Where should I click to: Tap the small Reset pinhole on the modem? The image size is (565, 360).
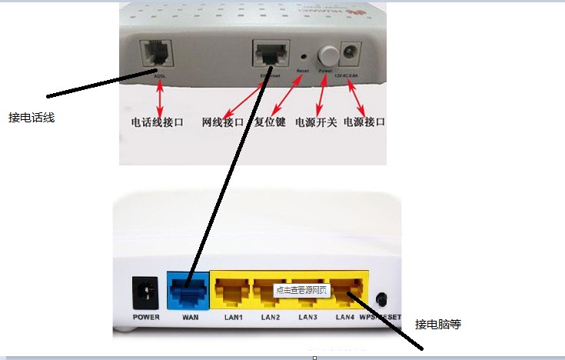click(x=304, y=57)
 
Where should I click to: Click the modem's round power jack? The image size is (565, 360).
click(x=352, y=54)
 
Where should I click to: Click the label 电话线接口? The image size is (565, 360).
click(x=160, y=122)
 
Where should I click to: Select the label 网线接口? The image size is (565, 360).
click(x=223, y=122)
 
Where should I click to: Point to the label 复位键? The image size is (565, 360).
click(x=271, y=122)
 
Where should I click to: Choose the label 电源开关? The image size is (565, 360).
click(x=316, y=122)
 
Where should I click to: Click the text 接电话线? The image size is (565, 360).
click(x=32, y=118)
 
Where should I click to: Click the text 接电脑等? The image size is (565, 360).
click(x=437, y=324)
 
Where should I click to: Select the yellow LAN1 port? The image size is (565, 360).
click(x=230, y=291)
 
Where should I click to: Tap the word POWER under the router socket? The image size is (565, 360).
click(x=146, y=318)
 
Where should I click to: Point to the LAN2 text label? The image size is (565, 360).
click(x=270, y=318)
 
